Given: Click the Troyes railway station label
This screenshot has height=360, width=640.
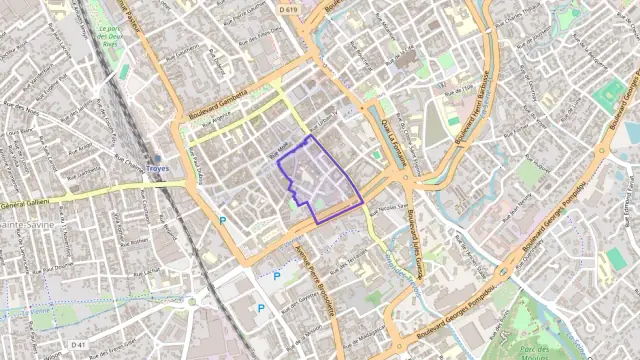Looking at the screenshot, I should (x=158, y=169).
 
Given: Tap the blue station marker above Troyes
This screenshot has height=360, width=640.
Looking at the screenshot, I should (x=156, y=158).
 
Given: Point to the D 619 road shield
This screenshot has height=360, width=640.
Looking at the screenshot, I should (x=289, y=9).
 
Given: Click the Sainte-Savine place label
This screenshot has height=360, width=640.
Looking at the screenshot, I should (x=24, y=225).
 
